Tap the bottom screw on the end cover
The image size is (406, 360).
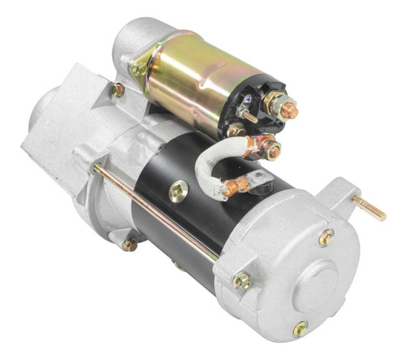coord(300,328)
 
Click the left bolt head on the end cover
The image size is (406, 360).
coord(241,281)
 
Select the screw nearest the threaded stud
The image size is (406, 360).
coord(326,236)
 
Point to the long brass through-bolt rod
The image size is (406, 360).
coord(154,211)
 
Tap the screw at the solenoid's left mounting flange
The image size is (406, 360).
coord(139,70)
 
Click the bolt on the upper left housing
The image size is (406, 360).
coord(118,89)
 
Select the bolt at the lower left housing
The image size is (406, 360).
coord(128,243)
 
